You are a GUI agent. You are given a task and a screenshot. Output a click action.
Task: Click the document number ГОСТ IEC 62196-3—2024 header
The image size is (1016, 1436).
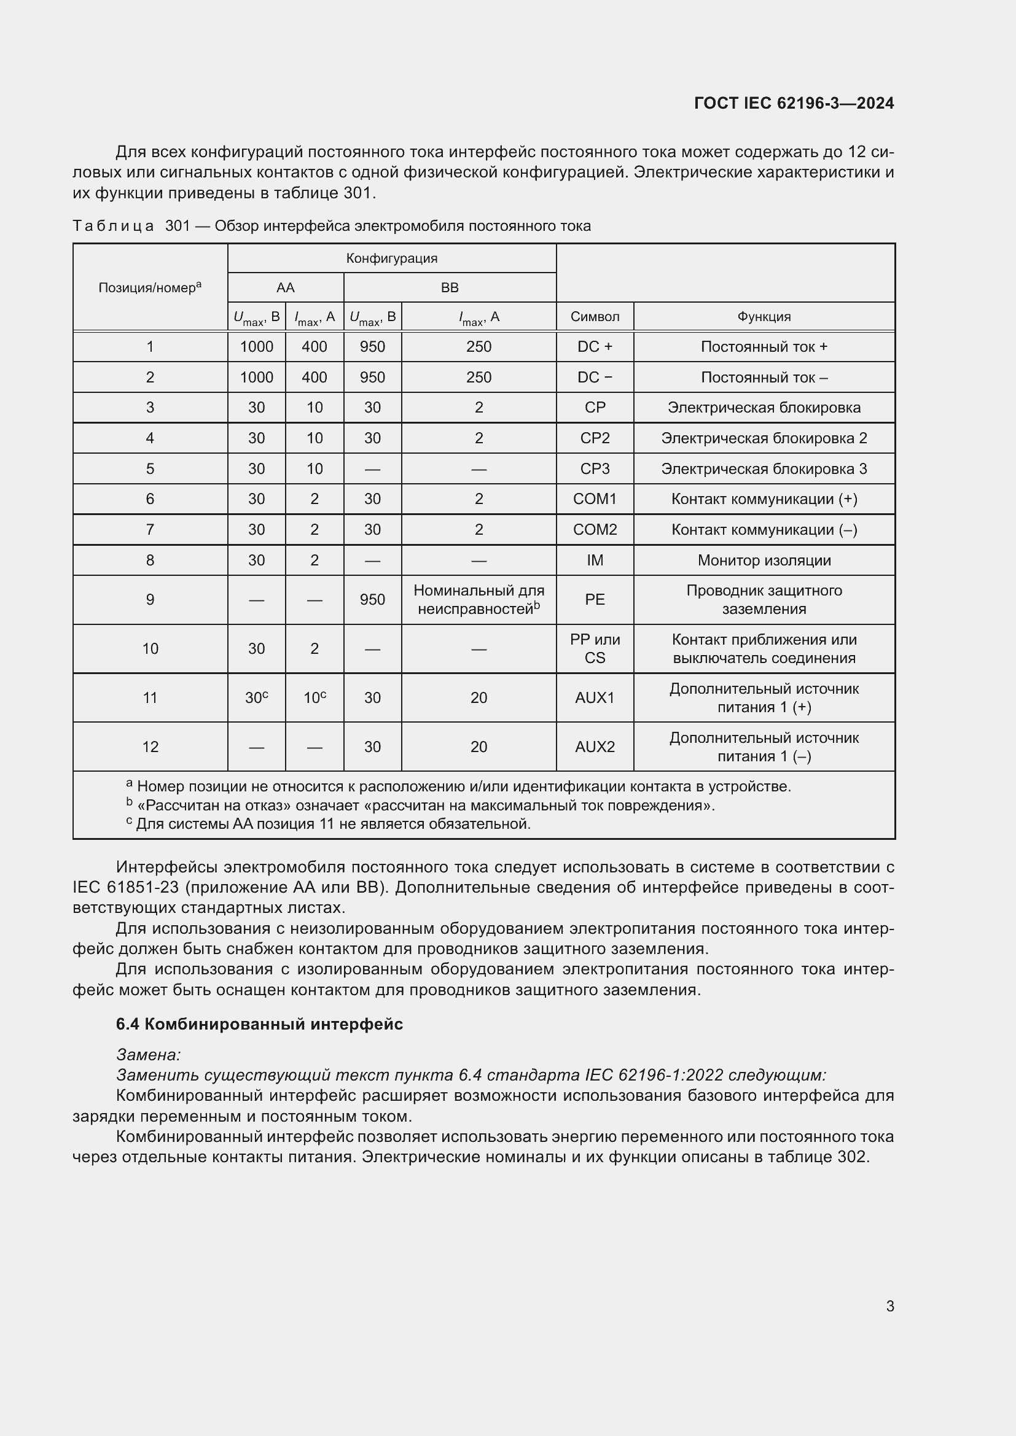tap(793, 103)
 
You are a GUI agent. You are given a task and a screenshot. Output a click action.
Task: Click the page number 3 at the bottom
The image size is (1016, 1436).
tap(889, 1306)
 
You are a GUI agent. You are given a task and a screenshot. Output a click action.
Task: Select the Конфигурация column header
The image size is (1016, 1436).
tap(392, 258)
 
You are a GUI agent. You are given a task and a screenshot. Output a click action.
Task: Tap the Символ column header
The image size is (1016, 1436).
tap(595, 316)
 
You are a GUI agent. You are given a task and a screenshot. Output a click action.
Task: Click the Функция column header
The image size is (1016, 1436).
tap(764, 316)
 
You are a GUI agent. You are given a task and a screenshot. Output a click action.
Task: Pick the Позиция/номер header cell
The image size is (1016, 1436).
tap(149, 288)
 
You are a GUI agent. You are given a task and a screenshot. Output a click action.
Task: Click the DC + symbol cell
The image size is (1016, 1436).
tap(595, 346)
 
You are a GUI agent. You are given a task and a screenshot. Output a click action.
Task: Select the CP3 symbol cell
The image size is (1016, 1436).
tap(595, 468)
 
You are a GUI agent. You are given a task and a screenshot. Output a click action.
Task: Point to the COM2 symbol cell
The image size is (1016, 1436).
tap(595, 529)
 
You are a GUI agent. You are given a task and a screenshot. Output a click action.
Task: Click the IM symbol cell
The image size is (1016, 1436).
tap(595, 560)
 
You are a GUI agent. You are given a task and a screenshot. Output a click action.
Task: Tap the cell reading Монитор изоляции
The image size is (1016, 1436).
tap(764, 560)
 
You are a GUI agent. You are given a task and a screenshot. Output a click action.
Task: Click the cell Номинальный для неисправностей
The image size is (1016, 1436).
tap(479, 599)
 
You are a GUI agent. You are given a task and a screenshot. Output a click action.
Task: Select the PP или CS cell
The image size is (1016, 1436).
tap(595, 648)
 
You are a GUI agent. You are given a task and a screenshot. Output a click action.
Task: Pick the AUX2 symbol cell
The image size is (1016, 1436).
tap(595, 746)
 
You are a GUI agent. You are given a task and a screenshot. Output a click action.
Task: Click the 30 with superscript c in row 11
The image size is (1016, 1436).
tap(257, 697)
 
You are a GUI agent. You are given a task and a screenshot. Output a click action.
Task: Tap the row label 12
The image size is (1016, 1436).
tap(149, 746)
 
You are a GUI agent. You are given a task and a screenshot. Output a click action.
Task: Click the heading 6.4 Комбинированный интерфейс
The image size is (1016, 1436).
tap(259, 1024)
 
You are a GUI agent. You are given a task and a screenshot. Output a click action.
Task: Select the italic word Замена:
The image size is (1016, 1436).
tap(148, 1055)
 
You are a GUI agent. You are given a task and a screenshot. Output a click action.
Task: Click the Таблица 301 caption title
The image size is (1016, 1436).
tap(332, 226)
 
